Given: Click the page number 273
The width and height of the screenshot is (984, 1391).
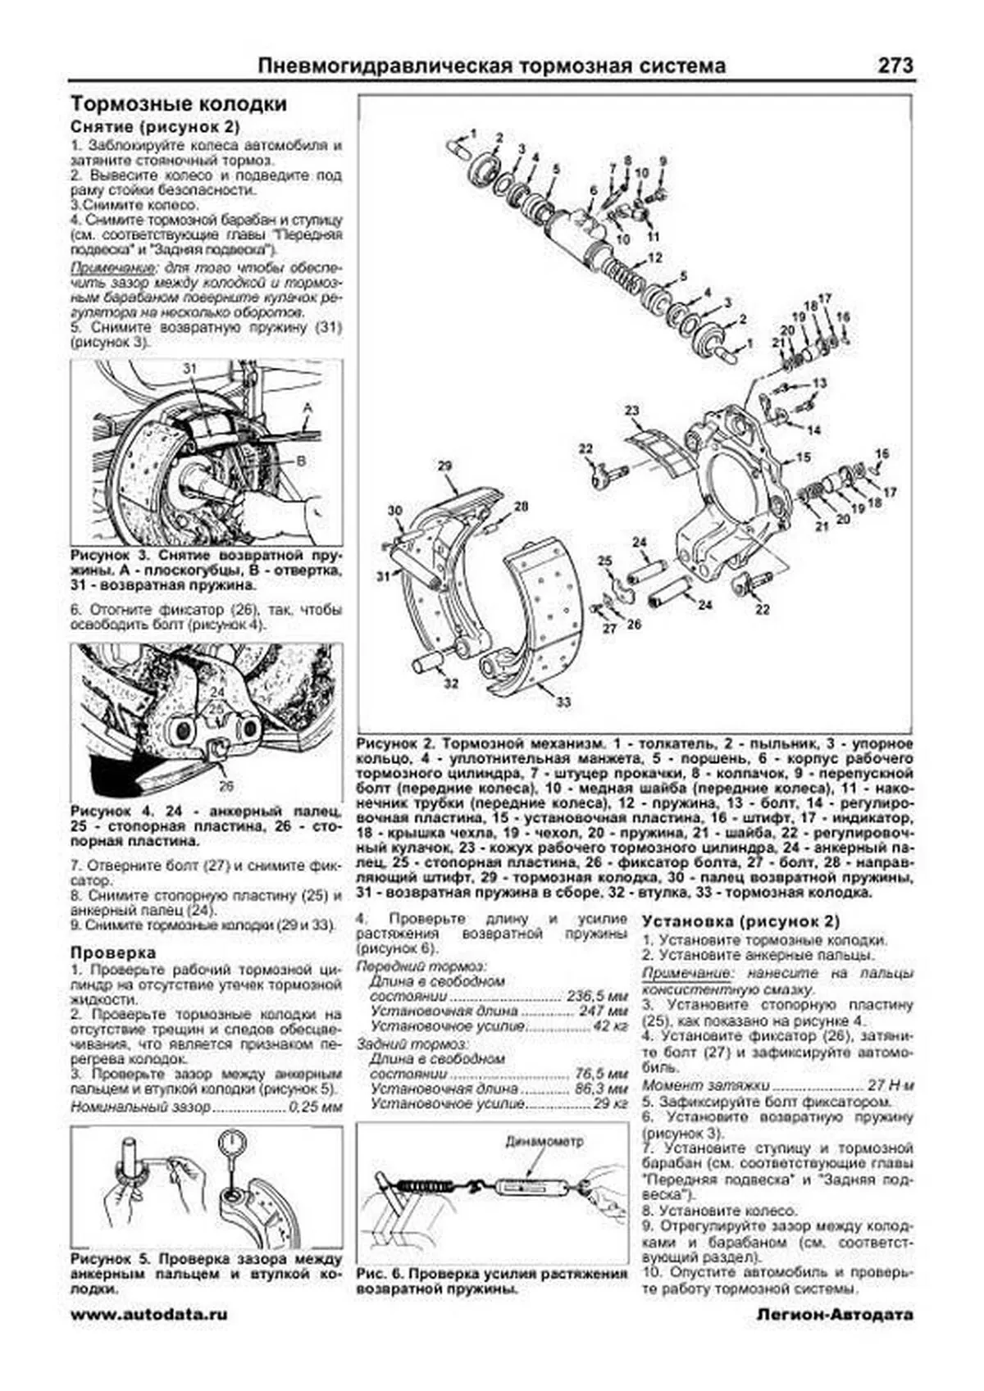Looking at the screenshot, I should click(x=895, y=66).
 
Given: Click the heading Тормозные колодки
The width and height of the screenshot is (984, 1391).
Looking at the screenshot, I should click(x=179, y=105).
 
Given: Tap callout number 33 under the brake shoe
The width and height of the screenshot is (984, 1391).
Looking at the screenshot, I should click(x=563, y=702).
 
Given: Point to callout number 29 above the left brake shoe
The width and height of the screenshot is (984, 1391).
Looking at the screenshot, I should click(x=444, y=466).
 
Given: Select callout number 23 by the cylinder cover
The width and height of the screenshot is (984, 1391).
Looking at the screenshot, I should click(x=631, y=411).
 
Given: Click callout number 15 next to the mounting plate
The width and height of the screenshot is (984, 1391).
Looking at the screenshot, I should click(x=803, y=457).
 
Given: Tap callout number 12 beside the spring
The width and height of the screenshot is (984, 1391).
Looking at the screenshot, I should click(x=654, y=258).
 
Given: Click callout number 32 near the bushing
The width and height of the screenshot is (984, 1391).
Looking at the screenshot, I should click(x=451, y=683).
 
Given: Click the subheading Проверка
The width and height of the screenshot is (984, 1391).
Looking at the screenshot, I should click(x=113, y=953).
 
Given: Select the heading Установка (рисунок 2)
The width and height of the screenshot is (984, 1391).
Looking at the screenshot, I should click(x=741, y=921).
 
